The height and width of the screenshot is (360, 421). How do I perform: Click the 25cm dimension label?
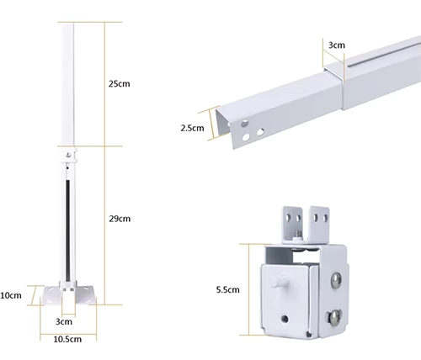pyautogui.click(x=120, y=84)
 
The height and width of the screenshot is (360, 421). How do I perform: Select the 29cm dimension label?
pyautogui.click(x=120, y=219)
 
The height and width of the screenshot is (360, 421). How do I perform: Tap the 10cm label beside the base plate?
pyautogui.click(x=11, y=295)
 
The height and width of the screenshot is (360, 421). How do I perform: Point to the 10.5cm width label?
pyautogui.click(x=67, y=339)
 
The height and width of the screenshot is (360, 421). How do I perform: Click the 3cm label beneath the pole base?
pyautogui.click(x=64, y=321)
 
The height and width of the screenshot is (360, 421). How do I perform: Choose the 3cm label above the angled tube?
pyautogui.click(x=337, y=45)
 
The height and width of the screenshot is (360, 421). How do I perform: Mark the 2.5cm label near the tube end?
pyautogui.click(x=192, y=128)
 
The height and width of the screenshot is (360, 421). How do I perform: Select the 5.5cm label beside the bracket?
pyautogui.click(x=228, y=289)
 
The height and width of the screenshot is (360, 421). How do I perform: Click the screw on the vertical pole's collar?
pyautogui.click(x=68, y=155)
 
